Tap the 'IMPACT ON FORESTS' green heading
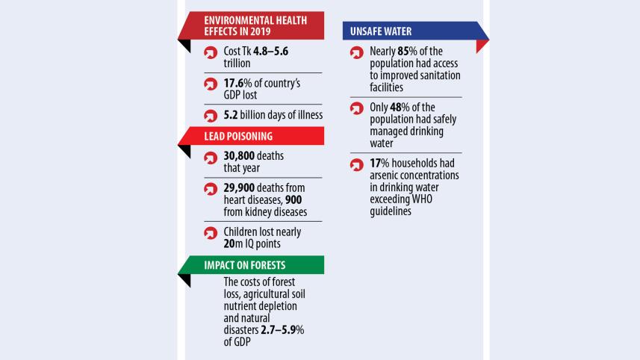245,265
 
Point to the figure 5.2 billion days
232,115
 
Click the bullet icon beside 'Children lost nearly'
211,233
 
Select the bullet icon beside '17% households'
358,164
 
